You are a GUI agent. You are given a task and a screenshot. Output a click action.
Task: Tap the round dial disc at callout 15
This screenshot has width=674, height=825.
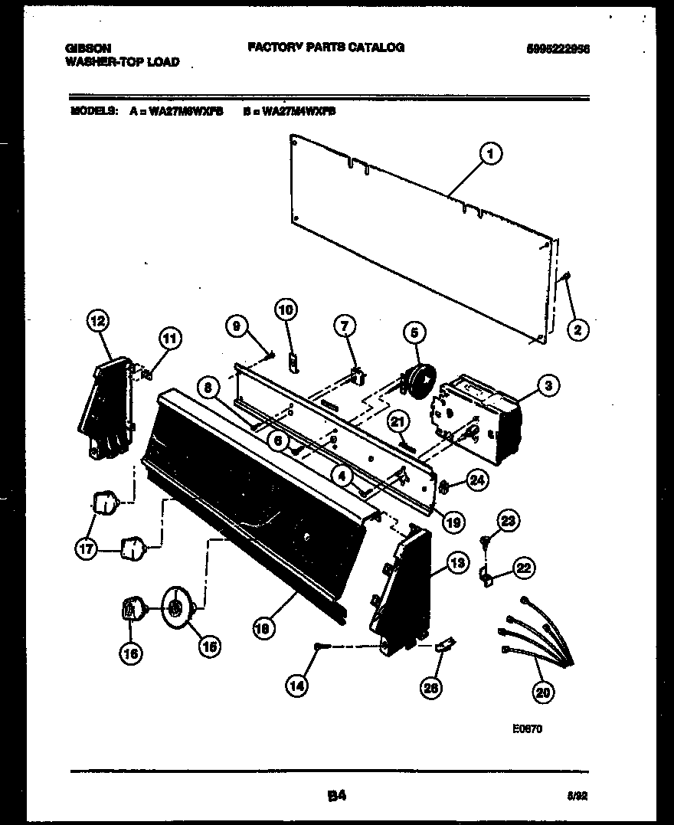point(177,608)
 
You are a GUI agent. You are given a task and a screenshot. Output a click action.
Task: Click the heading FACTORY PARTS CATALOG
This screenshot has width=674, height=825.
point(326,47)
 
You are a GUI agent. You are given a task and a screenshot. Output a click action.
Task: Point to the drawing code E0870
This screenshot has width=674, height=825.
point(528,729)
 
